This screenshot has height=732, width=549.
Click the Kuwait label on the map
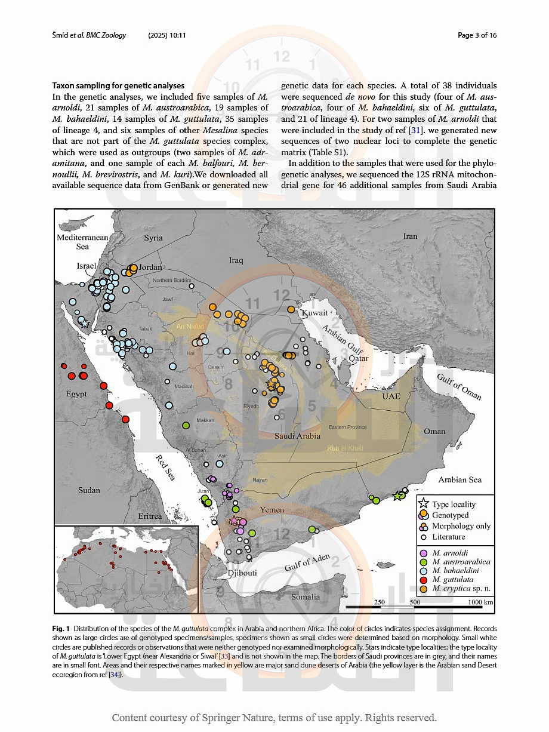pos(314,313)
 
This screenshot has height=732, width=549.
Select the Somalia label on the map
pos(306,596)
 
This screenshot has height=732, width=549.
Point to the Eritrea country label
pos(150,516)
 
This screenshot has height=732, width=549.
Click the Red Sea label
pos(166,467)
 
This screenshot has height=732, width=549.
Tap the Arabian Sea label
pos(459,479)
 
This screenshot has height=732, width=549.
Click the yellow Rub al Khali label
pos(345,448)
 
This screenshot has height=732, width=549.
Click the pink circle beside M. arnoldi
pos(424,553)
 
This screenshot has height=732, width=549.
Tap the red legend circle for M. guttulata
pos(424,580)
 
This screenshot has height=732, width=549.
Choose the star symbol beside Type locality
pos(424,504)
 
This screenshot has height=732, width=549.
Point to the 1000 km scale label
pos(480,602)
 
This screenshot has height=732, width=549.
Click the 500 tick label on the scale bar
pos(415,602)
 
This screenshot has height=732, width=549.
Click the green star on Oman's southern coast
pos(397,496)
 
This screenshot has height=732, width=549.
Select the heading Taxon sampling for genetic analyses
pos(118,86)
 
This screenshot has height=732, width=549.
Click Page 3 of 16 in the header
pos(477,35)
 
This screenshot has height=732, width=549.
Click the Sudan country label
pos(90,490)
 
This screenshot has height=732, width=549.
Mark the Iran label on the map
pos(410,236)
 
